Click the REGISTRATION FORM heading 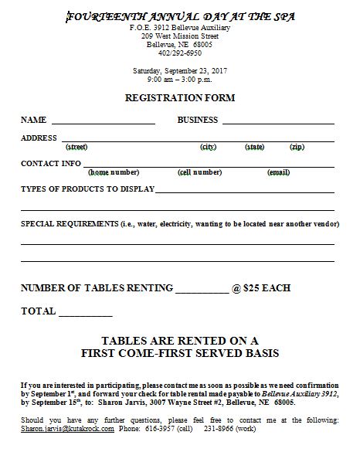pos(179,98)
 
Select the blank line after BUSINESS pos(277,122)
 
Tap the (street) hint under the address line pos(76,146)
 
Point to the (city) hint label pos(208,146)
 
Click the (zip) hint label pos(297,146)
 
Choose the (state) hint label pos(253,146)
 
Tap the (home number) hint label pos(114,172)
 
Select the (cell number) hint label pos(199,172)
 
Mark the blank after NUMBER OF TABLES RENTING pos(202,291)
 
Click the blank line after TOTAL pos(85,314)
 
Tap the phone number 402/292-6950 pos(179,54)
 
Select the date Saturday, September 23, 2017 pos(179,71)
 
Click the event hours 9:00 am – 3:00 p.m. pos(179,80)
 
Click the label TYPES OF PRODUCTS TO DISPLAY pos(88,189)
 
